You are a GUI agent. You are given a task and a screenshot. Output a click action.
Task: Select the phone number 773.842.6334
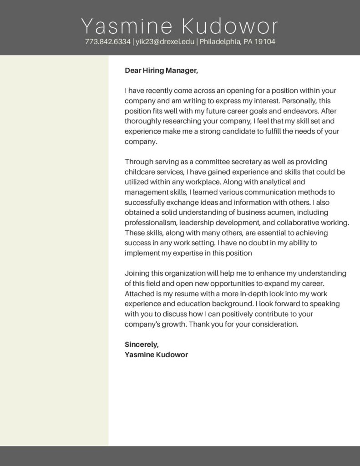click(x=108, y=42)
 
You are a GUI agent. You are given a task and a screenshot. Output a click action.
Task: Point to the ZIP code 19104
click(x=265, y=42)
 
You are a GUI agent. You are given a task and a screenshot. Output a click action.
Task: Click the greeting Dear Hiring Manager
click(x=162, y=71)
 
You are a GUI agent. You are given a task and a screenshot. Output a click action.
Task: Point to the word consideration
click(x=275, y=325)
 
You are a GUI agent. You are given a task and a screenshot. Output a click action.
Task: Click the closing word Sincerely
click(x=141, y=344)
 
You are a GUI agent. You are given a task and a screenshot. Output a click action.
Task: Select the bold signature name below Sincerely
click(x=156, y=355)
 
